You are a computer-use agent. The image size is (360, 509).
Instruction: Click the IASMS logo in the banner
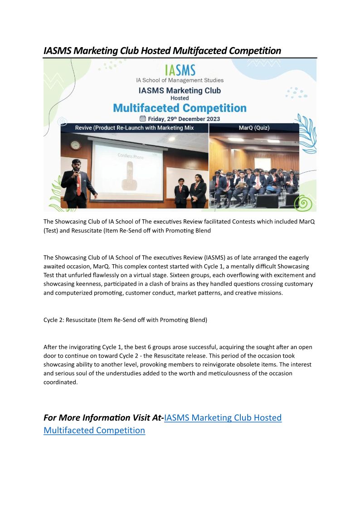[x=180, y=70]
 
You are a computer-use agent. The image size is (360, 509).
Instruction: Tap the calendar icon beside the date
[x=143, y=119]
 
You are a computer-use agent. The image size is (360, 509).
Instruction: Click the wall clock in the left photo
[x=75, y=145]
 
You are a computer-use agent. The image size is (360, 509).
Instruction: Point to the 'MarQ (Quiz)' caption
[x=254, y=128]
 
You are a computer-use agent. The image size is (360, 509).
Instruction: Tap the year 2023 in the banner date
[x=211, y=119]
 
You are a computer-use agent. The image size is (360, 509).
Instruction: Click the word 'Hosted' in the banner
[x=180, y=98]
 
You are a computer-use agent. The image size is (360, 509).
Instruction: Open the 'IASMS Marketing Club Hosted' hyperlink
[x=223, y=417]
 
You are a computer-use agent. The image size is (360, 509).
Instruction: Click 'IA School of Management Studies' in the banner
[x=180, y=80]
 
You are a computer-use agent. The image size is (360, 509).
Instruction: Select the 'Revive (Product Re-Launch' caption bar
[x=134, y=128]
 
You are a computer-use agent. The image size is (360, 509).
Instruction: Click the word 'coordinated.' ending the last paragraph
[x=61, y=382]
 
